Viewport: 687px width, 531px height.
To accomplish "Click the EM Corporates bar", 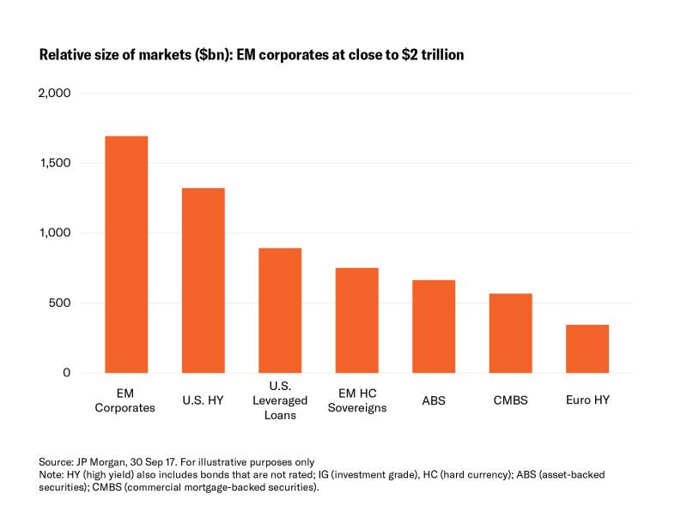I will [126, 254].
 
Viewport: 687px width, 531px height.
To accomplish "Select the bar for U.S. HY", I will [204, 280].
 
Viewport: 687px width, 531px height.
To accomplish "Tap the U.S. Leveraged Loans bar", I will [280, 310].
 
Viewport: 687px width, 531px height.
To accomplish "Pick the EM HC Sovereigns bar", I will [357, 320].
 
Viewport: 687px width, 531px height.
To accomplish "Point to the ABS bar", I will [434, 327].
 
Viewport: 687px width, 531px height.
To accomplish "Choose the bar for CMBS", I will [511, 333].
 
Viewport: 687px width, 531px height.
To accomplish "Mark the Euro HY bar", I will [587, 349].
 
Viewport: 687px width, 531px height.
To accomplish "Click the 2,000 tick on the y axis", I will [54, 93].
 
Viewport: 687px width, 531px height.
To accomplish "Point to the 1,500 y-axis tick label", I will [55, 163].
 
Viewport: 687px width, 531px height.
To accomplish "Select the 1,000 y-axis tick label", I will [55, 233].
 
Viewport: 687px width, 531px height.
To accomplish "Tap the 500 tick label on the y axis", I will [60, 303].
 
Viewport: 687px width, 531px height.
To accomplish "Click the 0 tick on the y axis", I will [67, 373].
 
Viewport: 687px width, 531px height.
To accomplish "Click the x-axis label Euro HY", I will [587, 400].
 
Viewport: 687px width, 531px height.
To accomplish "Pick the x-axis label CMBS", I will [511, 400].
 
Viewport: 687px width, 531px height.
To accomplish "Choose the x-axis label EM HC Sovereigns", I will [357, 400].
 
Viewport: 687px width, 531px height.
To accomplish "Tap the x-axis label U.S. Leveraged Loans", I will [280, 400].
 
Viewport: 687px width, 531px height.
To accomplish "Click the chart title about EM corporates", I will [252, 55].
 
